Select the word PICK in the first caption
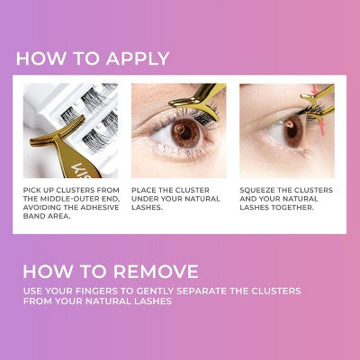(x=33, y=190)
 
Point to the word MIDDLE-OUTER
(x=63, y=201)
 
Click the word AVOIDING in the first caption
(x=43, y=210)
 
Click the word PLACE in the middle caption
(x=146, y=190)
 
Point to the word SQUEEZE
(x=259, y=190)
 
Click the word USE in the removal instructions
(x=32, y=291)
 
